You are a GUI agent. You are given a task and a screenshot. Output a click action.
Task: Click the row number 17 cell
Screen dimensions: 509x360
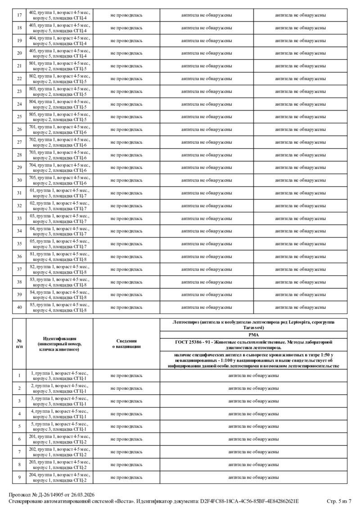tap(19, 15)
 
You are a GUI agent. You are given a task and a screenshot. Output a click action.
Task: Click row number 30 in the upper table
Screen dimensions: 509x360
tap(19, 180)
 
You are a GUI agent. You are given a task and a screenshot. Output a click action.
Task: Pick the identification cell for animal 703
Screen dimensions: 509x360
tap(59, 155)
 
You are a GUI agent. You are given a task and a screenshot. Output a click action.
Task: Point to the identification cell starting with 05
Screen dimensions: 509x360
tap(59, 243)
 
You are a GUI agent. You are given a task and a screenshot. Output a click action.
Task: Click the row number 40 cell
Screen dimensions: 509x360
tap(19, 307)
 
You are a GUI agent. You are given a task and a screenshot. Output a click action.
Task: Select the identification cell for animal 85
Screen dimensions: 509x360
tap(59, 307)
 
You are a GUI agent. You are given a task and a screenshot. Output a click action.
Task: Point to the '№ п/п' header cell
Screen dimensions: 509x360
tap(19, 344)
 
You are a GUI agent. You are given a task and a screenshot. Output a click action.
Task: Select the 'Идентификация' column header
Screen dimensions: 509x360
tap(59, 344)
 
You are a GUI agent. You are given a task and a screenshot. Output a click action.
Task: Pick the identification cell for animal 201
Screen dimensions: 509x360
tap(59, 439)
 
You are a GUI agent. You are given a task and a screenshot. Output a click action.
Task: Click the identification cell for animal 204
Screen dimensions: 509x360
tap(59, 477)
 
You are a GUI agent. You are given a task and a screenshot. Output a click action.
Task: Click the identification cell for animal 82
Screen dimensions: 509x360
tap(59, 269)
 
